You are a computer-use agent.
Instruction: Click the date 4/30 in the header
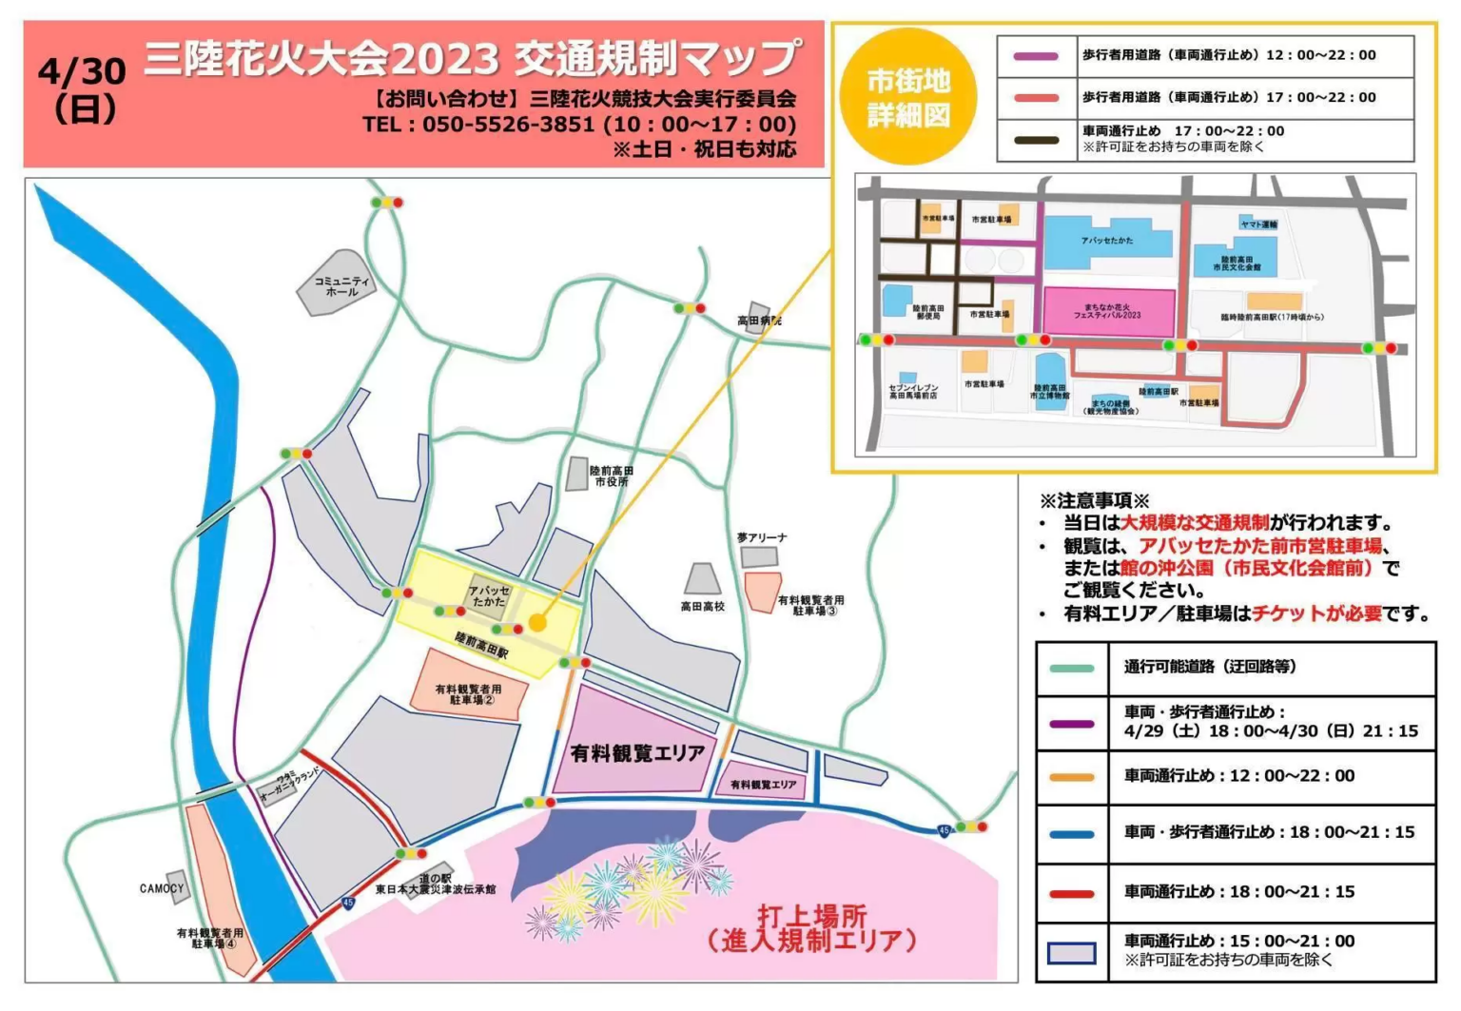coord(82,71)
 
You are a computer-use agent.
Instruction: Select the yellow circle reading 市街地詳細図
coord(908,97)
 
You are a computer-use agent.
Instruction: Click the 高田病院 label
coord(758,321)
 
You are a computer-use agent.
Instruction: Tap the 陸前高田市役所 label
coord(611,476)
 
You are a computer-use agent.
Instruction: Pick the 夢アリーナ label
coord(762,538)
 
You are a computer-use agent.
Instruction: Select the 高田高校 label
coord(702,606)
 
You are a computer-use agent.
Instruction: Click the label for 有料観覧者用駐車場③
coord(810,606)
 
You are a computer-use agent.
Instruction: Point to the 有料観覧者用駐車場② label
coord(468,694)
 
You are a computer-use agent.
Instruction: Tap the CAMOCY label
coord(161,888)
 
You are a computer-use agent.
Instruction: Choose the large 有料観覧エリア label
coord(637,753)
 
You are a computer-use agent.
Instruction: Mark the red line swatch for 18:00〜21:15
coord(1071,893)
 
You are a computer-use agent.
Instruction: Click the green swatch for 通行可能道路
coord(1071,668)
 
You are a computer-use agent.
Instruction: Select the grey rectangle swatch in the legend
coord(1071,952)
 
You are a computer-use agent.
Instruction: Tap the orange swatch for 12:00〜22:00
coord(1071,777)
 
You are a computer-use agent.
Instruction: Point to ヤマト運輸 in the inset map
coord(1258,224)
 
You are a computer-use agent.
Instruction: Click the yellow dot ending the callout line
coord(537,623)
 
